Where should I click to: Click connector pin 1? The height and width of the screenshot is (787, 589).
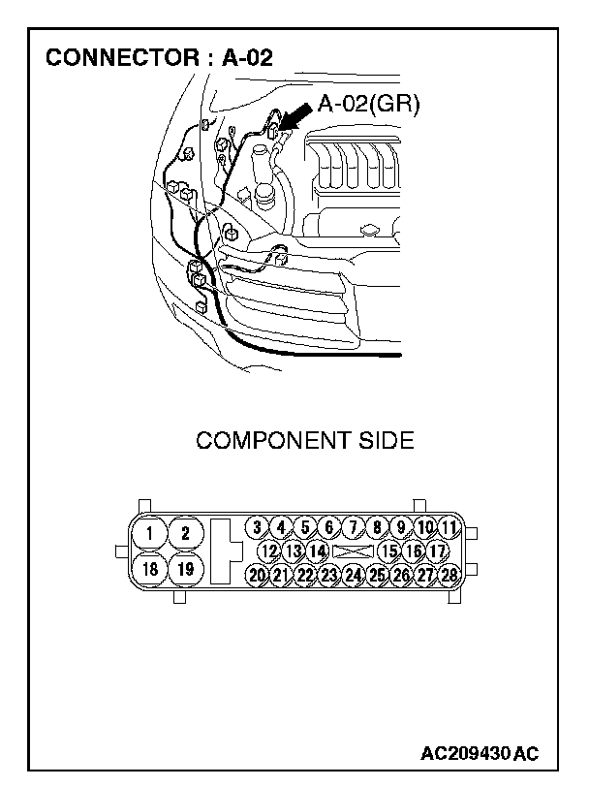[150, 532]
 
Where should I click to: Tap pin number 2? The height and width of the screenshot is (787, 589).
[185, 532]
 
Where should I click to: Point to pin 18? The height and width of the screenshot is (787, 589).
[150, 569]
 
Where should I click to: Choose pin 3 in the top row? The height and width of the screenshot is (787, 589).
[257, 527]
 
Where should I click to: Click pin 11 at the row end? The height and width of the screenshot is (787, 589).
[448, 527]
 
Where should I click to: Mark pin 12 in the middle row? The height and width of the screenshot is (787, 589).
[269, 551]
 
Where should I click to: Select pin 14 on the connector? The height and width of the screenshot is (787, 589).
[317, 551]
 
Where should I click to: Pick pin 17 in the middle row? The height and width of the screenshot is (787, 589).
[436, 551]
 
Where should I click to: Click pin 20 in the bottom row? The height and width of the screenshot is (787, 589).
[257, 575]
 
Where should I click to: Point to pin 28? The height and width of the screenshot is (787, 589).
[448, 575]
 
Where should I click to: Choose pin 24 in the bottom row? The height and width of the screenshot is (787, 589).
[353, 575]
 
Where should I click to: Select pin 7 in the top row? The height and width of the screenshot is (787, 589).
[353, 527]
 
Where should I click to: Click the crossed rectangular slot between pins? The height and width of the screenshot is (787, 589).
[353, 551]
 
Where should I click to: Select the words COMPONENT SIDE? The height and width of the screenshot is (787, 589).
[304, 441]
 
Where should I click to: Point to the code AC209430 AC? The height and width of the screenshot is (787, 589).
[480, 753]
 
